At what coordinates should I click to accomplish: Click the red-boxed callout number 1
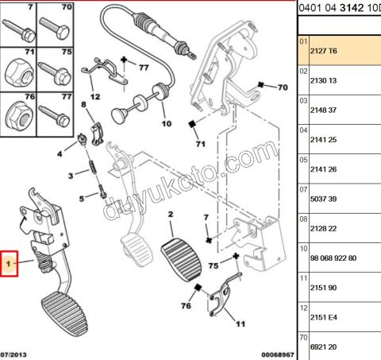[x=10, y=263]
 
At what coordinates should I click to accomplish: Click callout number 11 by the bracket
[x=240, y=323]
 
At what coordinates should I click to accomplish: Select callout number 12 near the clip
[x=94, y=96]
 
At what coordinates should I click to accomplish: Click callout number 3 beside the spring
[x=71, y=175]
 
